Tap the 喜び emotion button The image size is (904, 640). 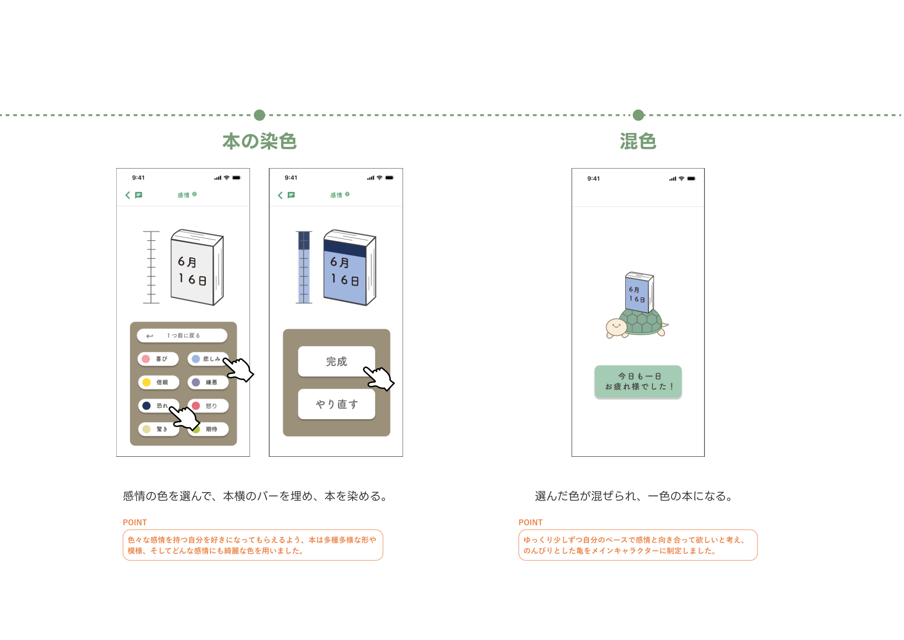(158, 359)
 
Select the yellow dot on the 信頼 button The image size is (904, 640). (146, 382)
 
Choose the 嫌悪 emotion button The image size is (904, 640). (208, 382)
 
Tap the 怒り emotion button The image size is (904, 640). (208, 406)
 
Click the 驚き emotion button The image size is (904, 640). (158, 429)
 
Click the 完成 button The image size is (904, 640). (336, 361)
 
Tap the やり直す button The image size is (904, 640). (336, 404)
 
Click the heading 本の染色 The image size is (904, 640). (259, 141)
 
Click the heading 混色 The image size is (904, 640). (638, 141)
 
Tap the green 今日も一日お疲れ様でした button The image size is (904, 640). (638, 381)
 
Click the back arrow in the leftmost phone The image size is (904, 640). (128, 195)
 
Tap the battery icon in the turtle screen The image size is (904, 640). (691, 178)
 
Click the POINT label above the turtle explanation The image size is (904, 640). (530, 522)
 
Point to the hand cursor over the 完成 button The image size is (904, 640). (379, 378)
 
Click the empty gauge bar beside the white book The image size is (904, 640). (151, 267)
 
